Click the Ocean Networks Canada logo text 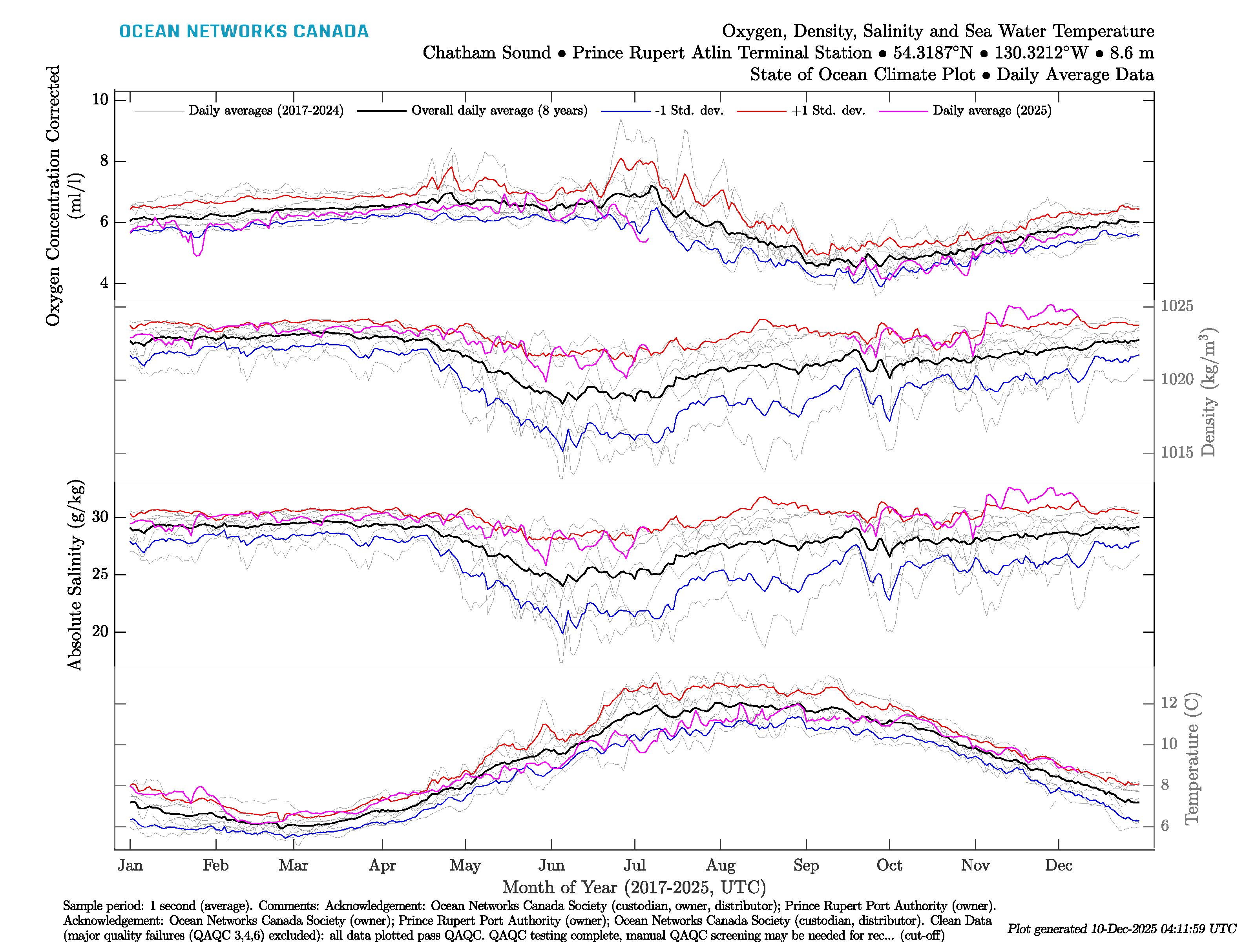244,31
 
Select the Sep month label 806,865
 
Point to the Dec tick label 1059,865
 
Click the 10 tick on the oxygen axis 100,99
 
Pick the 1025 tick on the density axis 1176,306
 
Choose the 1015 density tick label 1176,453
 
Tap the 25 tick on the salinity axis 100,574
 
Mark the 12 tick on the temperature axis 1168,703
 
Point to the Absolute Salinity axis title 75,575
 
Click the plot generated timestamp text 1121,929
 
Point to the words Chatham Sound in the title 487,53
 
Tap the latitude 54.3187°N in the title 932,53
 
